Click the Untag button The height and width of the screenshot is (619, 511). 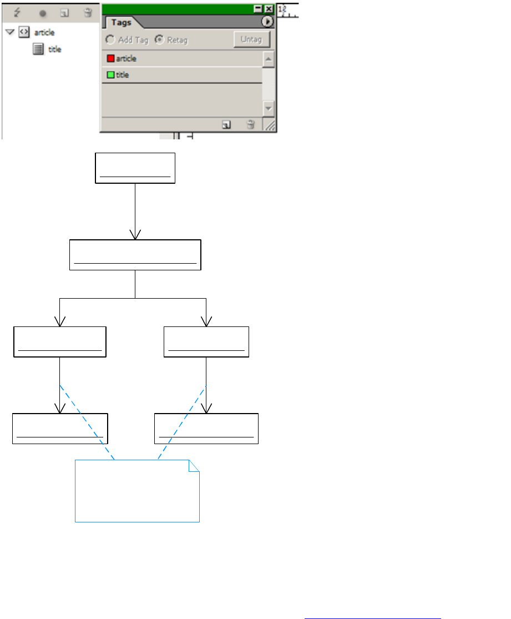click(251, 39)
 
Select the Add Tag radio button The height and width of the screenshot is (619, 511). click(110, 40)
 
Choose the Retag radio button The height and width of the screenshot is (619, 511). click(160, 40)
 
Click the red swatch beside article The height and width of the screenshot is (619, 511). click(110, 59)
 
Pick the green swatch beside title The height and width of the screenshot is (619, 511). click(110, 75)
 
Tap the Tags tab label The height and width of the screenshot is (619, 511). click(121, 23)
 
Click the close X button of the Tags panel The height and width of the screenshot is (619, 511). click(269, 9)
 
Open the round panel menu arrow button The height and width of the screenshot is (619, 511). click(267, 22)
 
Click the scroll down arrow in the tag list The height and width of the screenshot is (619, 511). click(269, 108)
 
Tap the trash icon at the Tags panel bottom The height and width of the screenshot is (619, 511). click(250, 125)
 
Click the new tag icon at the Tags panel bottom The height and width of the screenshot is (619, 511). click(226, 125)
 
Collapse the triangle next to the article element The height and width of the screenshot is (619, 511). click(9, 32)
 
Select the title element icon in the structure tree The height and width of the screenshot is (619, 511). click(38, 49)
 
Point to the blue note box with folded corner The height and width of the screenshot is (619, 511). click(137, 491)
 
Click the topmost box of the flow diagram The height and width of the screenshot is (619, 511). click(135, 168)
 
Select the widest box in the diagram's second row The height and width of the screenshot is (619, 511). click(135, 255)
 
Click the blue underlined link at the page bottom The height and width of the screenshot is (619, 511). click(372, 613)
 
